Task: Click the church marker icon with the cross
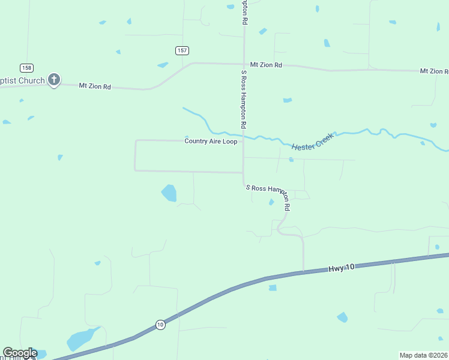point(54,80)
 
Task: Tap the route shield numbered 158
point(26,67)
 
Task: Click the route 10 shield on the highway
point(160,325)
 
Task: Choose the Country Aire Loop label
point(211,142)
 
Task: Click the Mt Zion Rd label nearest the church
point(95,86)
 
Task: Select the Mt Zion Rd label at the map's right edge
point(434,71)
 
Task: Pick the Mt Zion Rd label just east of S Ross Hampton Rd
point(266,65)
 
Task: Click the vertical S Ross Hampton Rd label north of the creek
point(244,100)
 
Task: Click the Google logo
point(20,353)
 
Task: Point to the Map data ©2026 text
point(423,355)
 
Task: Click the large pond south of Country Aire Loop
point(169,193)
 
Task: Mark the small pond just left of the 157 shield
point(163,65)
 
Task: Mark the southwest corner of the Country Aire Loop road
point(135,170)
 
